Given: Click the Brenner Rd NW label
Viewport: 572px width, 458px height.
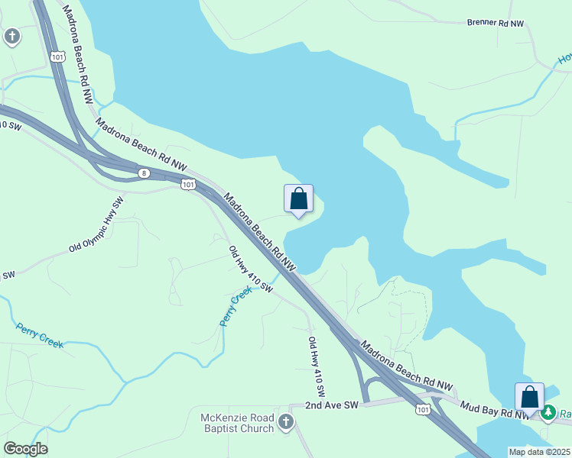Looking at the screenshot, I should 496,23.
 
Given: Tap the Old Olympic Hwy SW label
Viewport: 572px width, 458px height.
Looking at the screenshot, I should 96,225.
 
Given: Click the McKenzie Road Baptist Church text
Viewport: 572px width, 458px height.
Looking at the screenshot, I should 236,422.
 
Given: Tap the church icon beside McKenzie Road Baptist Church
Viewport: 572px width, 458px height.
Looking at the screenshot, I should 285,422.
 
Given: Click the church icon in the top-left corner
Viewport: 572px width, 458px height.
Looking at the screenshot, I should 11,36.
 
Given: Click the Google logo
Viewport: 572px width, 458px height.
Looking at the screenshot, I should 25,449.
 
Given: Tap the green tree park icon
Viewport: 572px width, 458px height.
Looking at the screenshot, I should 548,414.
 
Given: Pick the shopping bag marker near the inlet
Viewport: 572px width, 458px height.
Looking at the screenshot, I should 299,200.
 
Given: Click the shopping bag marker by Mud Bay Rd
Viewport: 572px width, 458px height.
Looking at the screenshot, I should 529,398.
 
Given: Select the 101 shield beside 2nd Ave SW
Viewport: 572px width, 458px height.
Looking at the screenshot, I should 423,410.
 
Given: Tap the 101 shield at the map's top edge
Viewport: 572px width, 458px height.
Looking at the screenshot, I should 58,56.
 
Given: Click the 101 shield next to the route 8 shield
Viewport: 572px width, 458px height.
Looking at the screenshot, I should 188,184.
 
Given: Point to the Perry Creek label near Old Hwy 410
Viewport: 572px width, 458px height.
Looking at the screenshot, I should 236,306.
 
